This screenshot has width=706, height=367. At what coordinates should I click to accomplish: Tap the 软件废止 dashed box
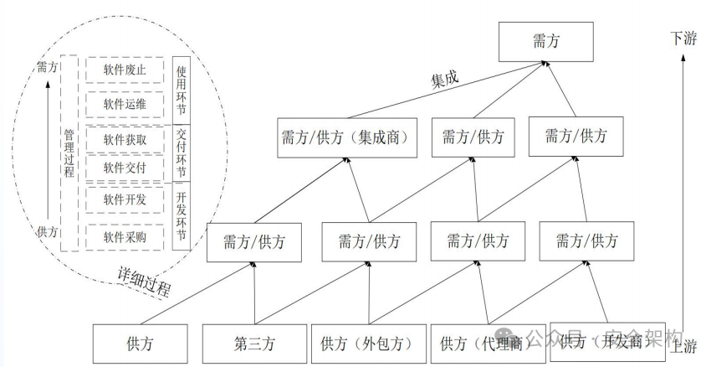125,69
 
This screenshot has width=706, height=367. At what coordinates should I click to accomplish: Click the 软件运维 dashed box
125,104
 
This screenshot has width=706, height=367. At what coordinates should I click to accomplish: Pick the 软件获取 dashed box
125,139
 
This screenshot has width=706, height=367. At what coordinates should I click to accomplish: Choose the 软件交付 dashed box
125,168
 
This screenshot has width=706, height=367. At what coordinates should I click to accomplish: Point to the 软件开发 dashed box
125,199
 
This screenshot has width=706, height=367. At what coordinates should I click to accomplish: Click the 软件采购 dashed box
125,237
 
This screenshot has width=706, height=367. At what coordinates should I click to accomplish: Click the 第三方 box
254,344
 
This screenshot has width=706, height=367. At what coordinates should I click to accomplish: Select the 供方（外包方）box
369,344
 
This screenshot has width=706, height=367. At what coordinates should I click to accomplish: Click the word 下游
683,39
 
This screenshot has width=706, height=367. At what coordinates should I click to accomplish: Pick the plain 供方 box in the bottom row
140,344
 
